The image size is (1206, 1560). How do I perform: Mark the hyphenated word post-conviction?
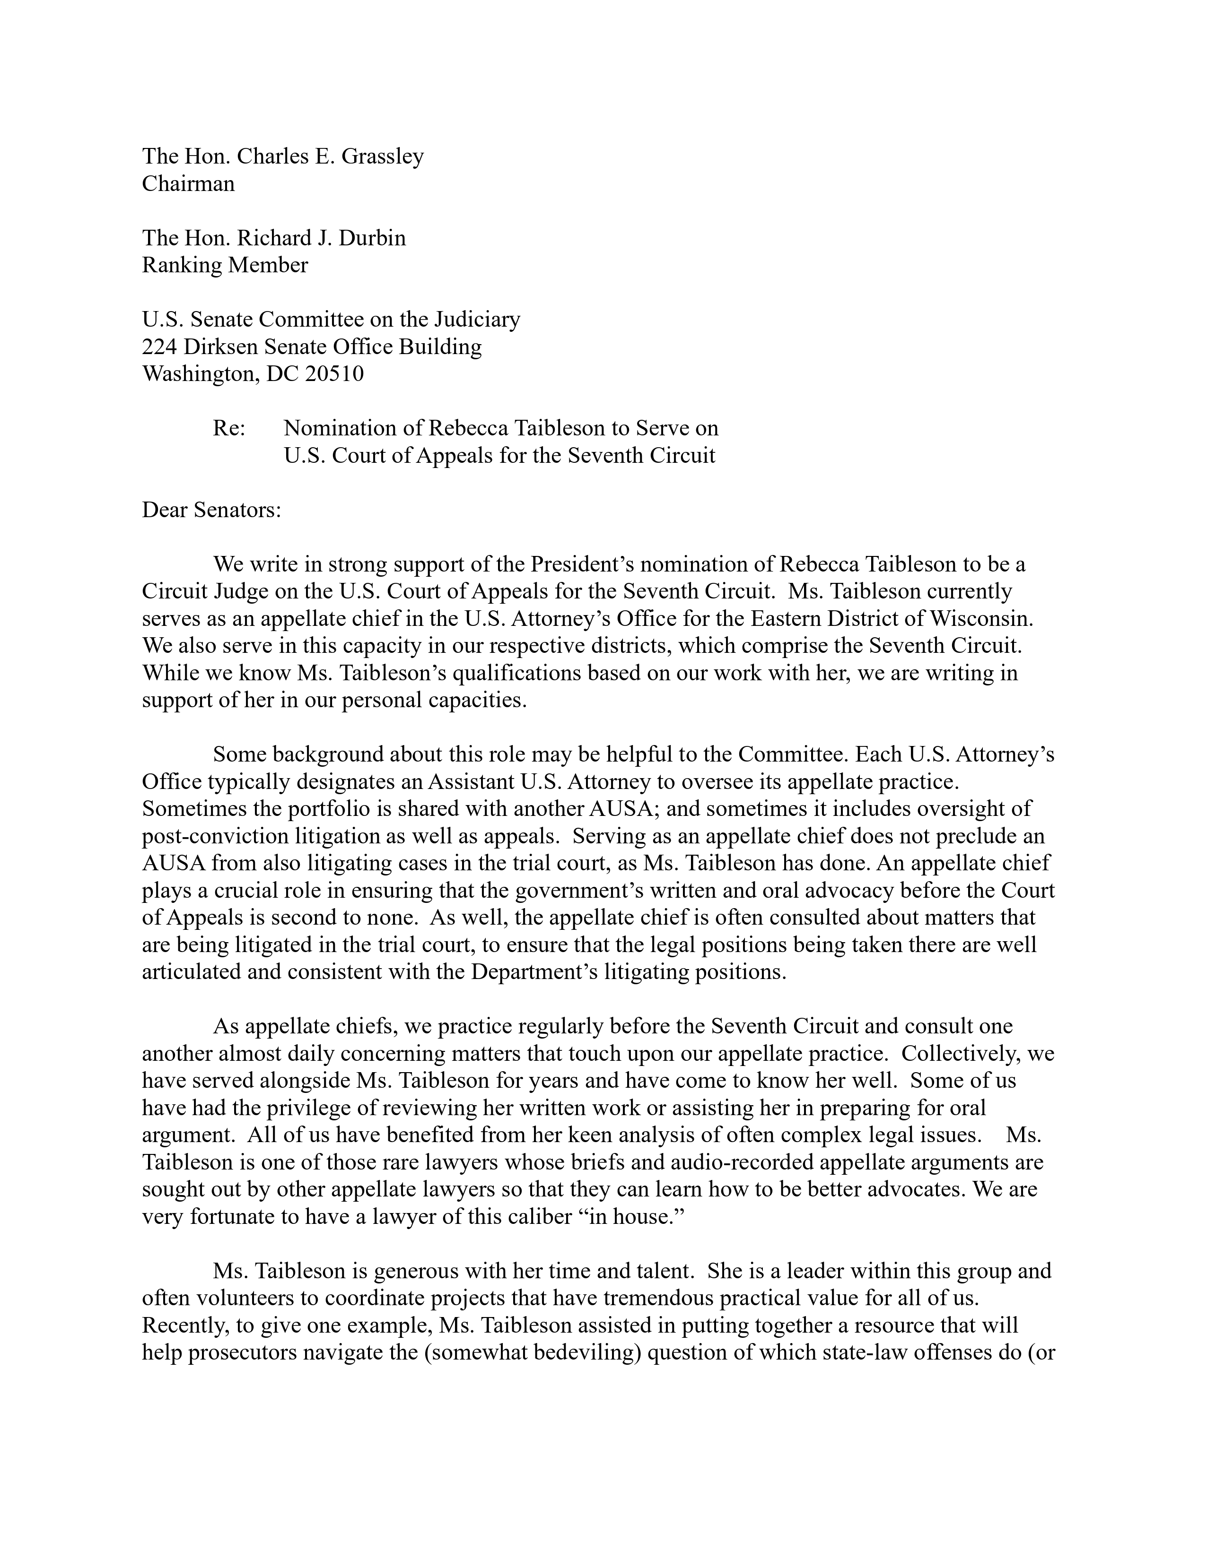228,836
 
